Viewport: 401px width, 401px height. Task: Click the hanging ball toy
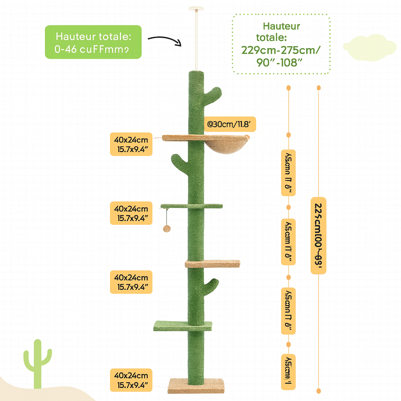tap(166, 228)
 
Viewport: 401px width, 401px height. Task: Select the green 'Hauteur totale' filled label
tap(93, 42)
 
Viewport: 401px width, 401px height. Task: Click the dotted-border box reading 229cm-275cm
tap(281, 44)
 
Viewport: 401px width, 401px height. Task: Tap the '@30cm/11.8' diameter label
tap(231, 125)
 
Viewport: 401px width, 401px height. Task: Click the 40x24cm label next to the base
tap(131, 379)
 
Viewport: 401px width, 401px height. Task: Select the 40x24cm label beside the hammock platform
tap(131, 145)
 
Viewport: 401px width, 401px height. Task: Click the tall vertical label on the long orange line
tap(318, 235)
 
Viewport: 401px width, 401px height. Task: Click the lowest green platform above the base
tap(182, 325)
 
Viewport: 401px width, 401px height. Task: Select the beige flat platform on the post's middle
tap(213, 264)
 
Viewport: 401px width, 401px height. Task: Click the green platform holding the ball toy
tap(191, 206)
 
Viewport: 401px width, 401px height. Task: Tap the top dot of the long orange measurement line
tap(319, 87)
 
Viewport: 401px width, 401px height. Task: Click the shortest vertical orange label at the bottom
tap(288, 367)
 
